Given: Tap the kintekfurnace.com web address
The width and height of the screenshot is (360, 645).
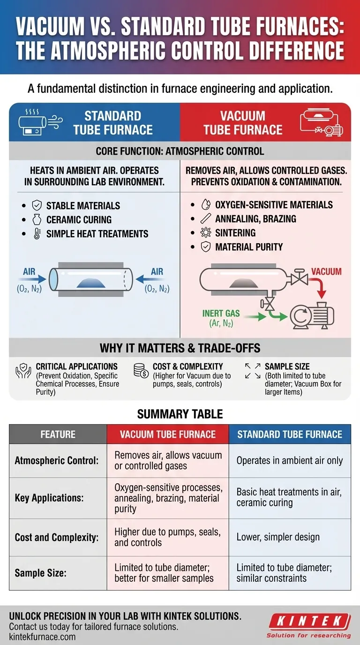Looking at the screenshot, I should pos(42,637).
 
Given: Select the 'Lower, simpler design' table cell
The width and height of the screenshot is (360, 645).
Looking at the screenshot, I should pos(278,537).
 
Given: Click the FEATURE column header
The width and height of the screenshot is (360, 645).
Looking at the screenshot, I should pos(58,435).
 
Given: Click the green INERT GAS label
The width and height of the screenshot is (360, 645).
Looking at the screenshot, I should pos(221,313).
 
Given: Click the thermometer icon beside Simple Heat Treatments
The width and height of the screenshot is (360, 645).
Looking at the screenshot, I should pos(37,234).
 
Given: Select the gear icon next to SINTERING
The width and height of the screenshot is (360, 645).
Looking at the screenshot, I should pos(205,233).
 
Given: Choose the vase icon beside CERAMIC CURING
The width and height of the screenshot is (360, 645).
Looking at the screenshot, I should pos(37,220).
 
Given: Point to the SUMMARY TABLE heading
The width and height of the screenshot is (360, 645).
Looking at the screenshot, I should pos(180,414).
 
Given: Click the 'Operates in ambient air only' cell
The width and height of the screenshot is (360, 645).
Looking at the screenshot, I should pos(290,461).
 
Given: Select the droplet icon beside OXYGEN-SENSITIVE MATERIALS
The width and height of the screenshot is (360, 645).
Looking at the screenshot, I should pos(205,205).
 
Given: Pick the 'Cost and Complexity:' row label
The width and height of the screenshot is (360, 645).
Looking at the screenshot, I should pos(57,537).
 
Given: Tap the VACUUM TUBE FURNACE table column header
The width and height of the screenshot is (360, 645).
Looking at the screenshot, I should pos(168,435).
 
